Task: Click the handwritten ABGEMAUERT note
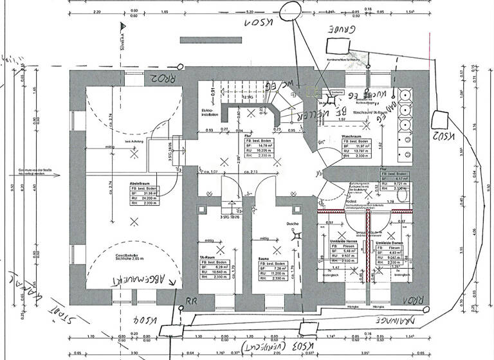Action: pyautogui.click(x=138, y=280)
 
